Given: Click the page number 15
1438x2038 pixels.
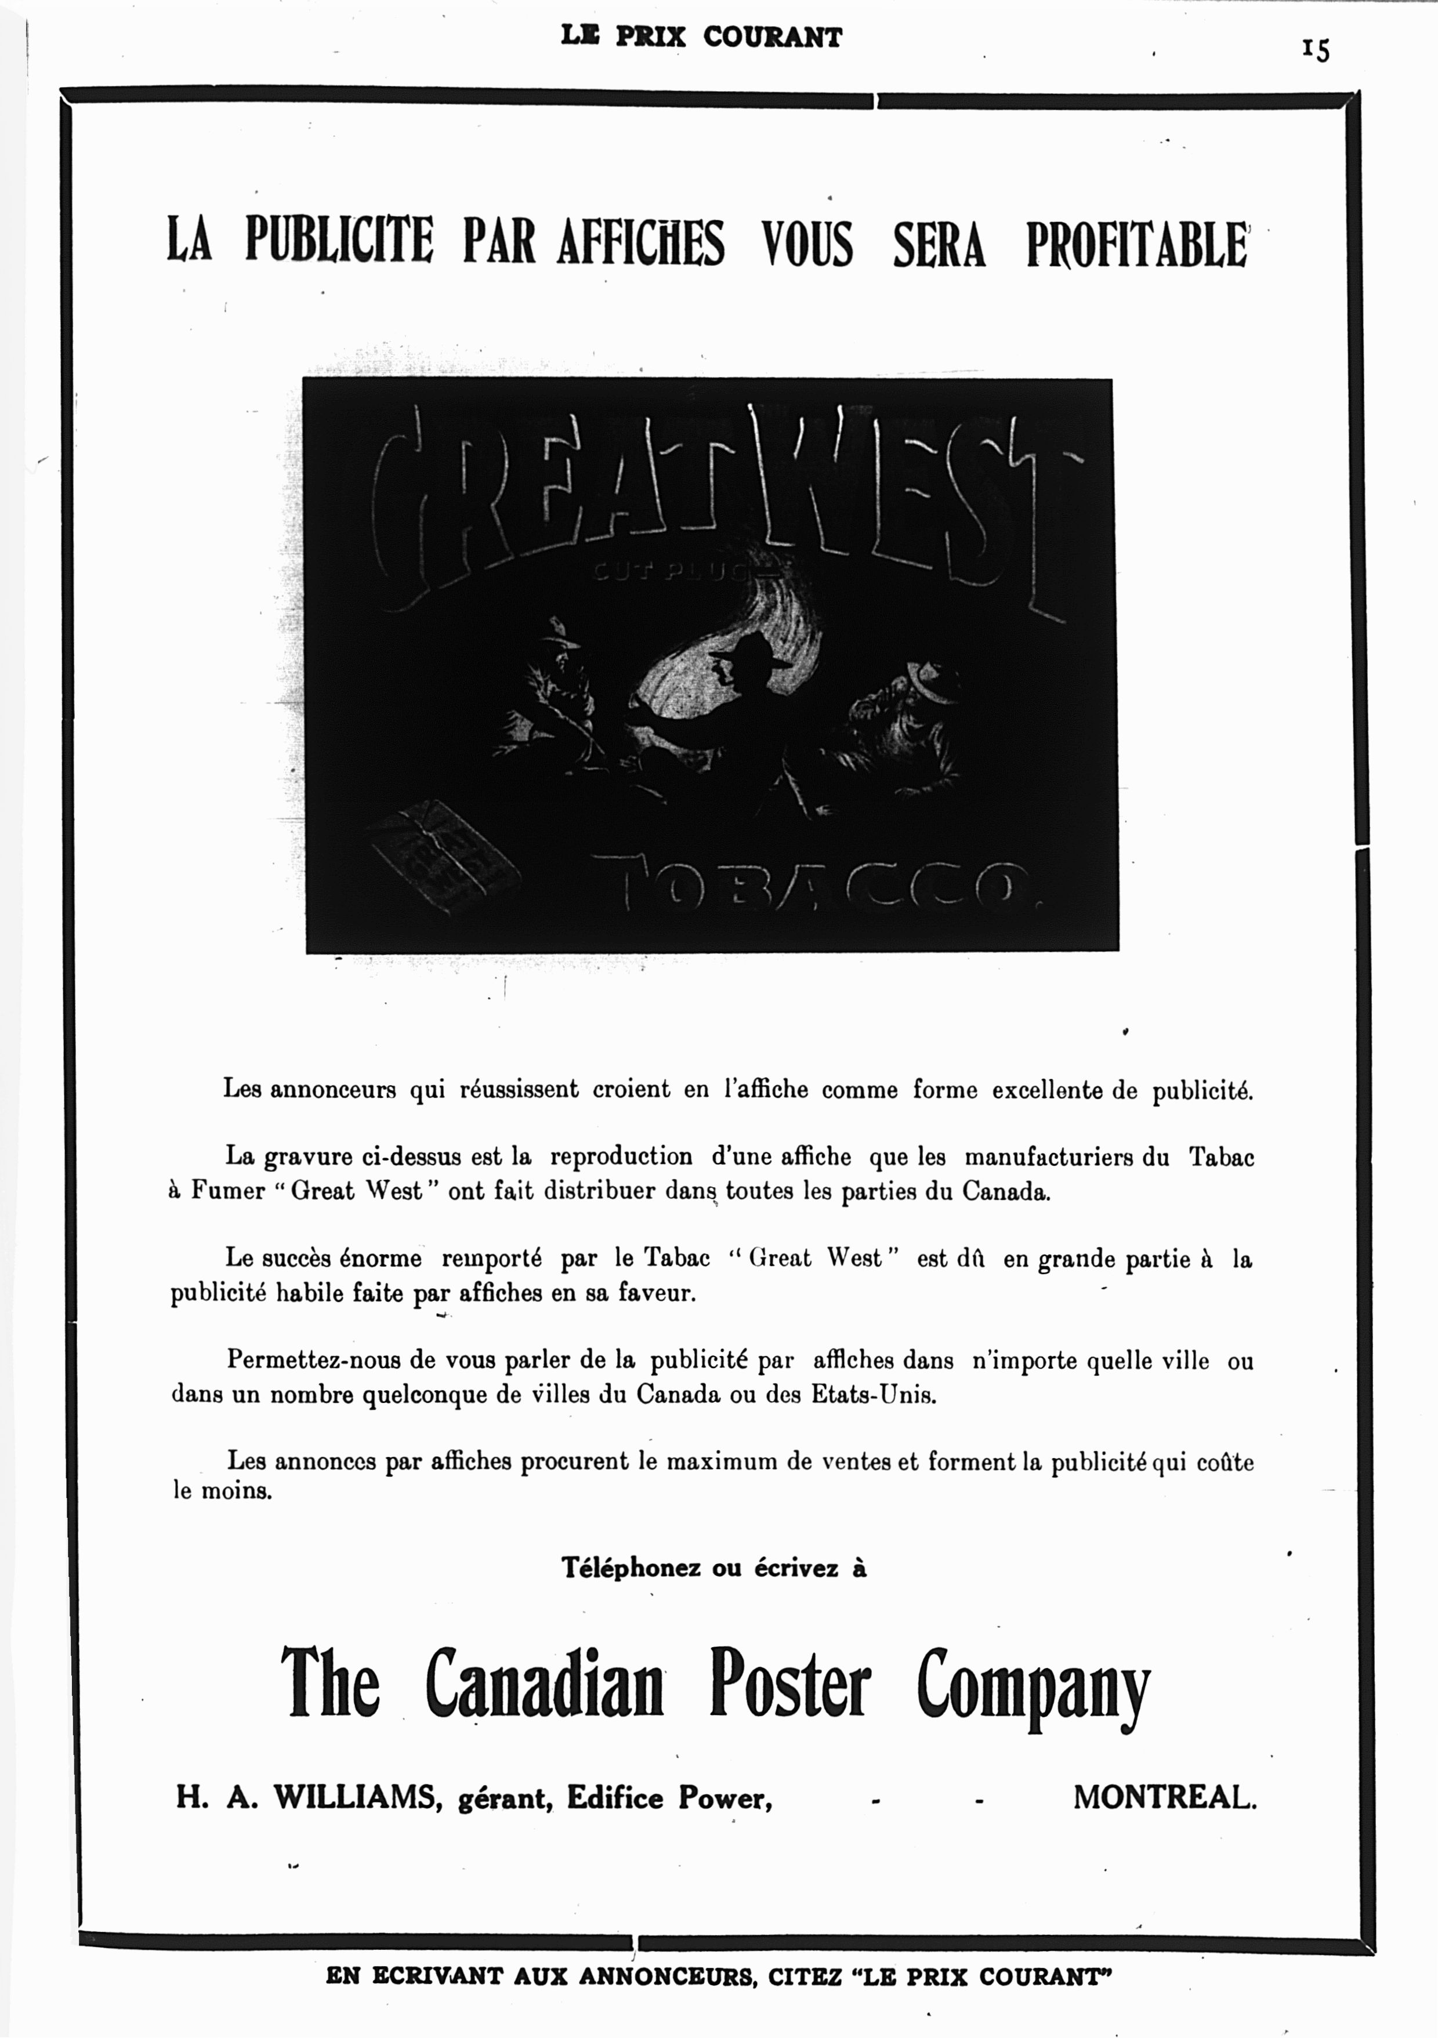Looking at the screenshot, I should tap(1316, 50).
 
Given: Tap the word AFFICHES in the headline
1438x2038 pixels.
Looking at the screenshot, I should tap(641, 243).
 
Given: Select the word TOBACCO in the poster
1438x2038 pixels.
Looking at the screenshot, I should tap(817, 887).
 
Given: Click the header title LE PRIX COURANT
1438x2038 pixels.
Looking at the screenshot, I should tap(701, 37).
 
